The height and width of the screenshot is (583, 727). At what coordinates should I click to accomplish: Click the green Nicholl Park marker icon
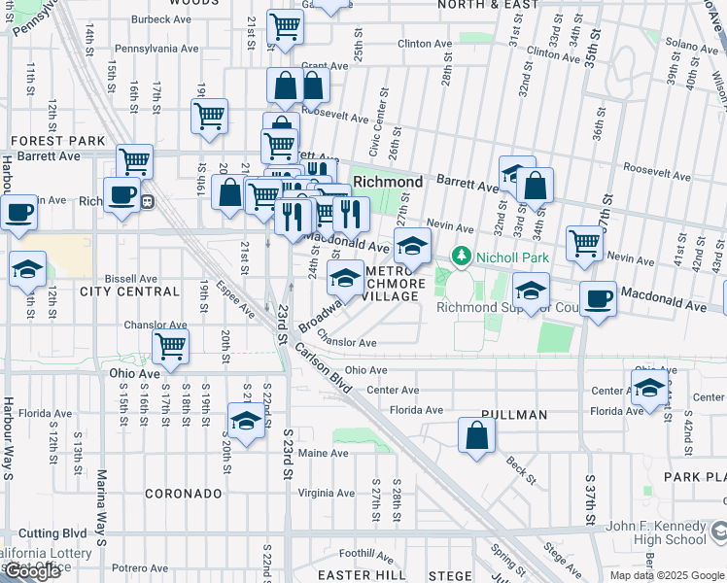point(461,257)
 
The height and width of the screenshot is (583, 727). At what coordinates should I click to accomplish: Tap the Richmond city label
point(388,182)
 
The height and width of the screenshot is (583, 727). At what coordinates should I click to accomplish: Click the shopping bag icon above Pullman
point(475,435)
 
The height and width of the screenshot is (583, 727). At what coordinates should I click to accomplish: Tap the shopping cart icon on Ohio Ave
point(171,346)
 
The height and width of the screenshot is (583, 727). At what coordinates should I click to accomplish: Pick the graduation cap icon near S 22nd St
point(247,422)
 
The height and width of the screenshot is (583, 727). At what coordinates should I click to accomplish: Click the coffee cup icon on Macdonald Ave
point(599,298)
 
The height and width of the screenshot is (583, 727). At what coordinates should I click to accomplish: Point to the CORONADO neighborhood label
point(184,494)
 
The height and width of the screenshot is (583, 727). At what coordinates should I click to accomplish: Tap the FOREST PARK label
point(57,141)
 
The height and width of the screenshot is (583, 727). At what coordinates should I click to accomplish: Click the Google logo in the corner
point(31,571)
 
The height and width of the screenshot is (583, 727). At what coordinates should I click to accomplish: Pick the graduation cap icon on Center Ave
point(649,388)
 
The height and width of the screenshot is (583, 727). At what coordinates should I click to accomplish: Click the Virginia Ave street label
point(327,493)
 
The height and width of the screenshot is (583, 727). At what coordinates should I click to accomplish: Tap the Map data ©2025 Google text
point(667,575)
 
